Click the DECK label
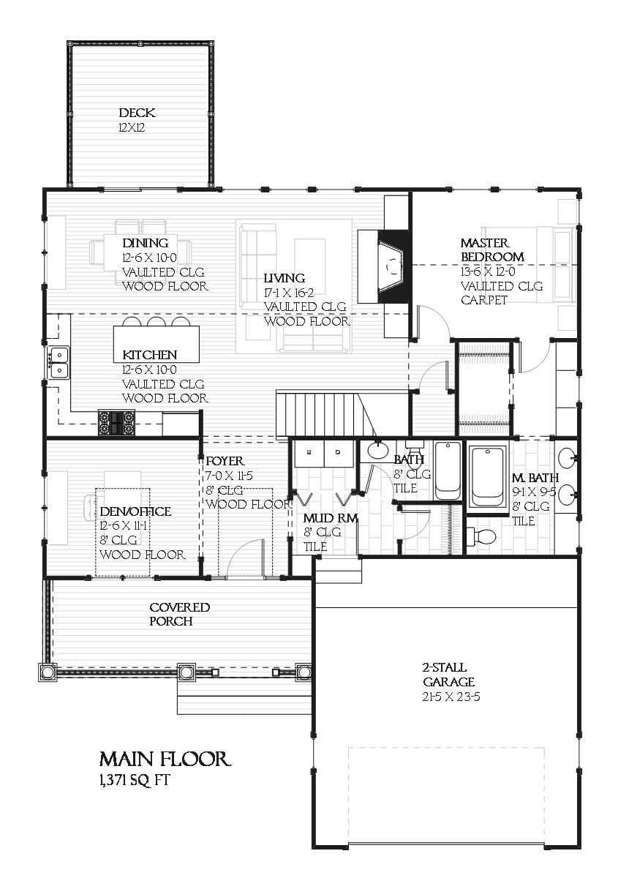[x=137, y=113]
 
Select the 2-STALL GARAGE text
[x=443, y=675]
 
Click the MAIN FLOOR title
[x=165, y=759]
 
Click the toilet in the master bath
[x=482, y=536]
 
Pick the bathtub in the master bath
[x=486, y=476]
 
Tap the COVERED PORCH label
[x=179, y=614]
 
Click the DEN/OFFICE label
[x=135, y=511]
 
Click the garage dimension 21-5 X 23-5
[x=451, y=697]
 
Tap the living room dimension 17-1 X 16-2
[x=295, y=293]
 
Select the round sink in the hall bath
[x=378, y=450]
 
